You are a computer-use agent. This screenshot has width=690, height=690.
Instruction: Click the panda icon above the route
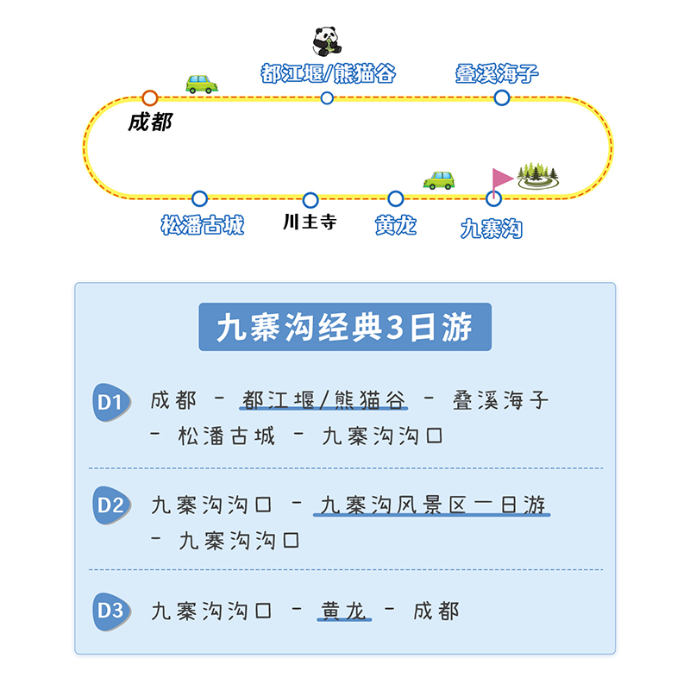[327, 41]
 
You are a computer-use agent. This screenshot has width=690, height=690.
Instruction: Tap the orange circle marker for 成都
[150, 98]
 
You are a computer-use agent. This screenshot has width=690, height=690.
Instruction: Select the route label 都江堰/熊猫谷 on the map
[328, 73]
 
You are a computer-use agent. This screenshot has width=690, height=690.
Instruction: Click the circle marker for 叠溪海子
[502, 97]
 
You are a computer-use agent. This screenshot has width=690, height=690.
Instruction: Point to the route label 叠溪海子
[497, 73]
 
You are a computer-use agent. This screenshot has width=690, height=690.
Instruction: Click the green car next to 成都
[201, 84]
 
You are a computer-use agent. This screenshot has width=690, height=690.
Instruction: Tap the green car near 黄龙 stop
[439, 179]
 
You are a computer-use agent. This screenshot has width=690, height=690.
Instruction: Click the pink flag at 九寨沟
[500, 179]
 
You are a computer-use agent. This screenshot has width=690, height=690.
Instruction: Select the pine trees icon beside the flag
[537, 174]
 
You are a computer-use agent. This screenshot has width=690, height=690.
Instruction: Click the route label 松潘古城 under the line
[203, 226]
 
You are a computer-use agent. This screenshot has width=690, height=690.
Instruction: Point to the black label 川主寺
[310, 223]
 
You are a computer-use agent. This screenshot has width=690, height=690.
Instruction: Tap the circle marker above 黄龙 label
[396, 199]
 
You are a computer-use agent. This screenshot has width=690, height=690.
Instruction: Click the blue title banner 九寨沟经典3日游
[345, 328]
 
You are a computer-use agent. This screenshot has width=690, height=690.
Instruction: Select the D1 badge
[111, 403]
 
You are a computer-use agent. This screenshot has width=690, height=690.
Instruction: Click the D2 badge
[111, 506]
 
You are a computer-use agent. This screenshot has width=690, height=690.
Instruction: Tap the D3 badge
[111, 612]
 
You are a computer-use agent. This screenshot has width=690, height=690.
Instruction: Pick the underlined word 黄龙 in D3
[344, 611]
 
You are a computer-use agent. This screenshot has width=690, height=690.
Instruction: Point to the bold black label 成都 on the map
[150, 122]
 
